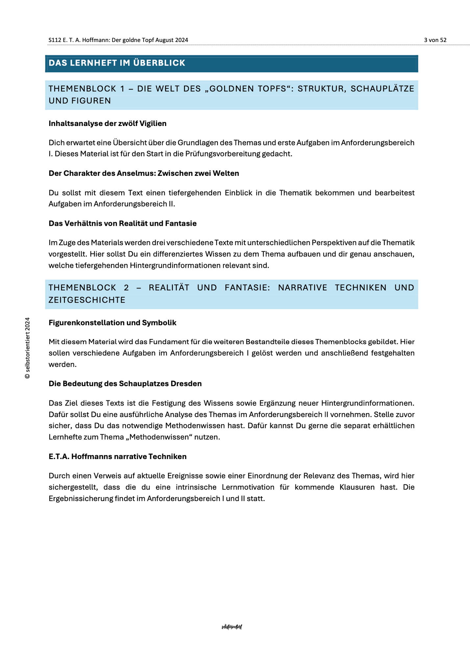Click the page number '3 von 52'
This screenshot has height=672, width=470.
(x=435, y=40)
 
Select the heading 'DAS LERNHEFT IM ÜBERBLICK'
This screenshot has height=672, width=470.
(x=117, y=63)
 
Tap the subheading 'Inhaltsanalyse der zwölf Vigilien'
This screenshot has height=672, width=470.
(x=107, y=123)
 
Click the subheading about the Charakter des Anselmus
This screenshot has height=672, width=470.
(x=144, y=173)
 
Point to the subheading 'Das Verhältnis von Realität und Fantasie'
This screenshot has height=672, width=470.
(x=123, y=223)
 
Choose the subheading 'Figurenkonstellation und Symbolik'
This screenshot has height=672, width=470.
(x=112, y=323)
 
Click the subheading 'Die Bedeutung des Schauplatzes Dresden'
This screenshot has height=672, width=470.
(x=125, y=384)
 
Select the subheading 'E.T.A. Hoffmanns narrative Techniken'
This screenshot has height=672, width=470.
(x=117, y=456)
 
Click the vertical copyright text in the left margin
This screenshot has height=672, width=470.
(x=28, y=348)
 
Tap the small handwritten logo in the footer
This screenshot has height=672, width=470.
(x=232, y=627)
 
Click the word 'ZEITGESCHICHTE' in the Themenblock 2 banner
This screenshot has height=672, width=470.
(x=87, y=300)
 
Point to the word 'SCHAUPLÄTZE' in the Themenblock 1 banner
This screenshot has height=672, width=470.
(x=382, y=89)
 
